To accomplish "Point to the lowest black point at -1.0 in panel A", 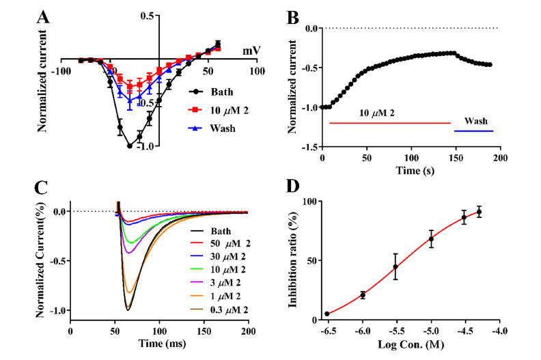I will [129, 146].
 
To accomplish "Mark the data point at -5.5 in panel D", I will [396, 267].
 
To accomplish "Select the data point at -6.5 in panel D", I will [327, 314].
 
